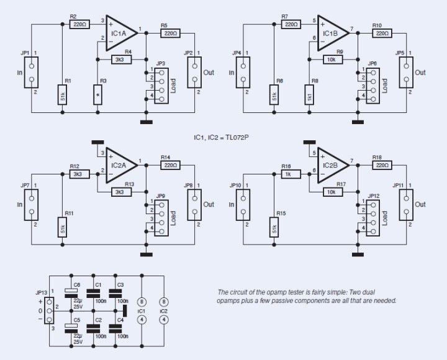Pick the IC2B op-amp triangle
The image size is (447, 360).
tap(333, 166)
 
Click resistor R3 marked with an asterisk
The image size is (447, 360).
tap(97, 95)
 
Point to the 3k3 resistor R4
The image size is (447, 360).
tap(119, 59)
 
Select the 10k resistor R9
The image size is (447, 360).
tap(333, 59)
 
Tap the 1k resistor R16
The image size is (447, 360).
tap(288, 174)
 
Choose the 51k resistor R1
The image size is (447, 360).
tap(63, 95)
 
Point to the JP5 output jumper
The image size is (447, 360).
tap(407, 72)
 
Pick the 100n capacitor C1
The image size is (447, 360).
tap(94, 295)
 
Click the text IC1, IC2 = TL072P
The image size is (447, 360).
tap(226, 137)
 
